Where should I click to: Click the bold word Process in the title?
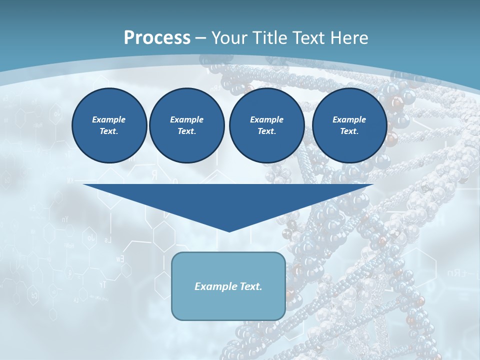[157, 38]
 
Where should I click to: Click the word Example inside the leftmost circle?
[109, 119]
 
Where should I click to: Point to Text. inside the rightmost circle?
[349, 131]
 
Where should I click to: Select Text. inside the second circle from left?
[186, 131]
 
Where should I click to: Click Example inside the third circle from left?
[266, 119]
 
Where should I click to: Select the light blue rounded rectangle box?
[228, 305]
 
